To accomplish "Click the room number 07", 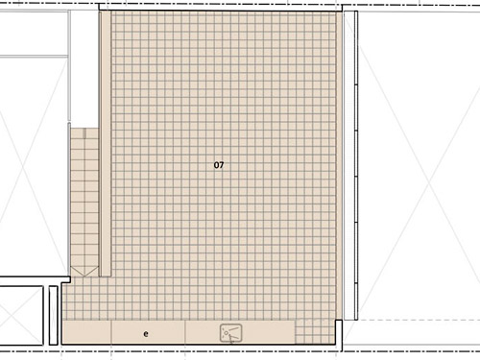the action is point(219,165).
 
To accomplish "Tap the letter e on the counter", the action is point(146,334).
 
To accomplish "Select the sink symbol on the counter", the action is point(230,333).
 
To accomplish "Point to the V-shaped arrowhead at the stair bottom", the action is point(84,272).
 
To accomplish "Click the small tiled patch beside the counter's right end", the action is point(315,331).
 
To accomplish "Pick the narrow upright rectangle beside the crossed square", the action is point(53,316).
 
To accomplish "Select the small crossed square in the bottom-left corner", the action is point(21,316).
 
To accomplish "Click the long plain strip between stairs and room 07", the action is point(105,144).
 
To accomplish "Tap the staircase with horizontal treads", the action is point(84,202).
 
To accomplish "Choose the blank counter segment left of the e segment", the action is point(86,332).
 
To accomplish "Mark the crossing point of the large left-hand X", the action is point(23,166).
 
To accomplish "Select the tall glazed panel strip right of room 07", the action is point(350,165).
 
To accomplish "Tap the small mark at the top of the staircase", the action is point(84,133).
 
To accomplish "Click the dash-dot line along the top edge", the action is point(240,5).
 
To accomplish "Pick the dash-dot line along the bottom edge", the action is point(240,351).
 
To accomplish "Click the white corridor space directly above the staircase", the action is point(84,69).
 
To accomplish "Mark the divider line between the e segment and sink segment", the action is point(185,332).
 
